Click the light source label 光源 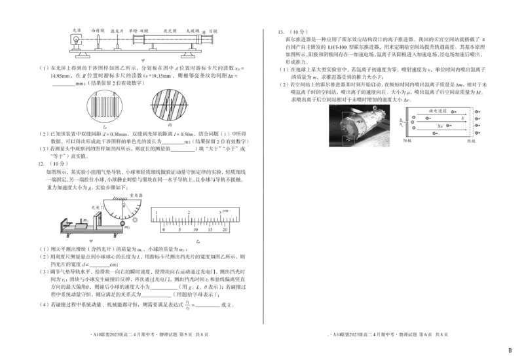(x=76, y=30)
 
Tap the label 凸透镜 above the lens (x=99, y=30)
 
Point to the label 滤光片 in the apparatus (x=117, y=30)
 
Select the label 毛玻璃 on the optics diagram (x=191, y=30)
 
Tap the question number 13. (x=280, y=31)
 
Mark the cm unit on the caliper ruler (x=225, y=211)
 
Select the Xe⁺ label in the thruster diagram (x=441, y=124)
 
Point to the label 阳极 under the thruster (x=407, y=141)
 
